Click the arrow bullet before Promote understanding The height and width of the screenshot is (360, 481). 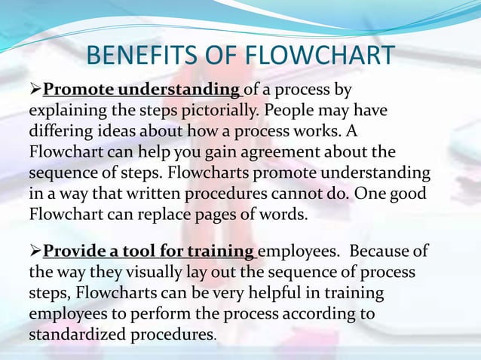(35, 91)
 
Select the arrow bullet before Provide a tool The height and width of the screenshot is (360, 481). (35, 251)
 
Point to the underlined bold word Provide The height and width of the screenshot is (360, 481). (72, 251)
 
